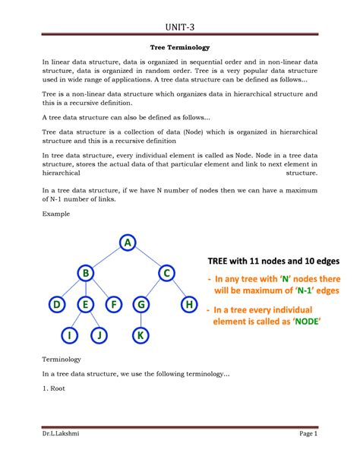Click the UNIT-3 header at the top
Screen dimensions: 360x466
tap(179, 29)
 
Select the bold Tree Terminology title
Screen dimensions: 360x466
tap(179, 47)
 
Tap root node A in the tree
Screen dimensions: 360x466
tap(127, 243)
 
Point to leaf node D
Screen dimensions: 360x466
tap(56, 305)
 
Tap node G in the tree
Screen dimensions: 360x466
tap(141, 305)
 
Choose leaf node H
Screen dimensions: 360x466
tap(189, 305)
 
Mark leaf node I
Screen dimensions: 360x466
tap(69, 334)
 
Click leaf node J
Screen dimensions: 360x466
tap(99, 334)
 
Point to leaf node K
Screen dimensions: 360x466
tap(141, 334)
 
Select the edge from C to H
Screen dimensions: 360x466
tap(178, 290)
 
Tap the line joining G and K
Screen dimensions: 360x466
tap(141, 320)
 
